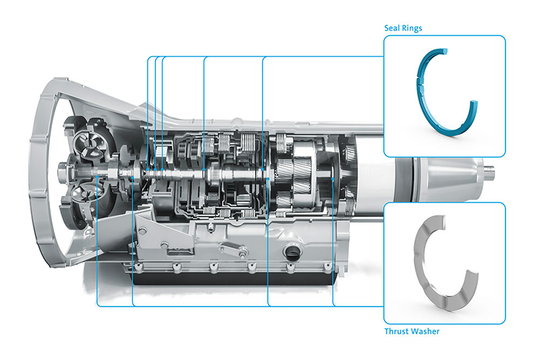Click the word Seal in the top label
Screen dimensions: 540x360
391,28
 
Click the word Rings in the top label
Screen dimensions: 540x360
412,28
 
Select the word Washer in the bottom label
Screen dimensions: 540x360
426,331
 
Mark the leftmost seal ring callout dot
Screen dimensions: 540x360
148,170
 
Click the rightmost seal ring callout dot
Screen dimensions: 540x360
263,170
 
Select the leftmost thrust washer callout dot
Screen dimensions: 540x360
97,177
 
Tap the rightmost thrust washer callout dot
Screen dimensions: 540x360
333,179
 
